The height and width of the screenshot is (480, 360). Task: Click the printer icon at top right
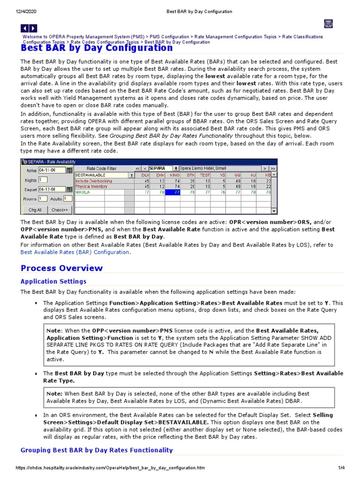point(329,24)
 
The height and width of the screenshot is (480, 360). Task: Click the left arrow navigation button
point(25,29)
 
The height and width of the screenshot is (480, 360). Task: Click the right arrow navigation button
point(33,29)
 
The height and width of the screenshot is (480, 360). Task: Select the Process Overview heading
point(61,268)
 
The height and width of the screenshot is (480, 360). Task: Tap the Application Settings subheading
point(53,282)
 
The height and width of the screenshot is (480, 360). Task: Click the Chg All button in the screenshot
point(35,210)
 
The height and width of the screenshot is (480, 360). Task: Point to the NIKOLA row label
point(83,192)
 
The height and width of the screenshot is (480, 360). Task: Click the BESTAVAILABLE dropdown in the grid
point(104,175)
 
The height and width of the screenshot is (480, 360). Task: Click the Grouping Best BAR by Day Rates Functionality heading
point(97,450)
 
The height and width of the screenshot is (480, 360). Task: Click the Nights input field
point(43,180)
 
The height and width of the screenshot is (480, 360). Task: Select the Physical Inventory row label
point(91,186)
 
